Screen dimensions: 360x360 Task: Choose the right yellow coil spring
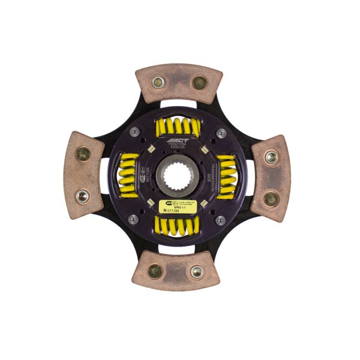227,175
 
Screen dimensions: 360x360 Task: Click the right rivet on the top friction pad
199,82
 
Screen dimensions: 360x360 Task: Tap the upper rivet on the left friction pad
83,154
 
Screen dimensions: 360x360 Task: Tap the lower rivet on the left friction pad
82,195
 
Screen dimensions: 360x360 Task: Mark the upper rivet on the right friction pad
272,157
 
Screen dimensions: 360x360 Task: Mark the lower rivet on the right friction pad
272,199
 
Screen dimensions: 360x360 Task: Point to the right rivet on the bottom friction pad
196,271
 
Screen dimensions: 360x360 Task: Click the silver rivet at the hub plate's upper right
221,133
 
